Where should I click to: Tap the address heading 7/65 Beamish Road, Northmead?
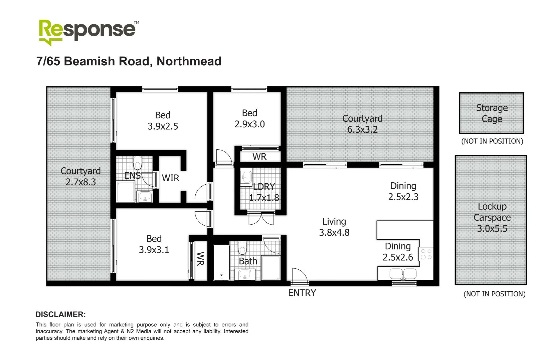click(x=129, y=61)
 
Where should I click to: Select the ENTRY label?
click(x=302, y=293)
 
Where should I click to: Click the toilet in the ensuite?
click(x=137, y=163)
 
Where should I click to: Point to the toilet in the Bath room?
click(x=242, y=247)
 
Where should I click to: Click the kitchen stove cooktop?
click(x=426, y=254)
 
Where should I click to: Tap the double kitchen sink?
click(x=403, y=274)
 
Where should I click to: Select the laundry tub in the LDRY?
click(x=246, y=177)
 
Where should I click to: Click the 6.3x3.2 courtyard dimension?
click(x=362, y=130)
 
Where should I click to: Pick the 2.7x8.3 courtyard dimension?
click(x=80, y=182)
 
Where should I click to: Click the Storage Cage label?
click(x=492, y=113)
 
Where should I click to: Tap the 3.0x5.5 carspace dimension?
click(x=492, y=229)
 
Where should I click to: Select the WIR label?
click(x=171, y=178)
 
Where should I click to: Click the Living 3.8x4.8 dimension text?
click(x=334, y=233)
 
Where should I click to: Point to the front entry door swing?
click(x=299, y=276)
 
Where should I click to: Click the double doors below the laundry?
click(x=261, y=218)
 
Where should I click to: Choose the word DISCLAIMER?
click(x=60, y=314)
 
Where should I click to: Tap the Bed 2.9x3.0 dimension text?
click(x=249, y=124)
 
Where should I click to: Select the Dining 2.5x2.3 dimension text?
click(x=403, y=197)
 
